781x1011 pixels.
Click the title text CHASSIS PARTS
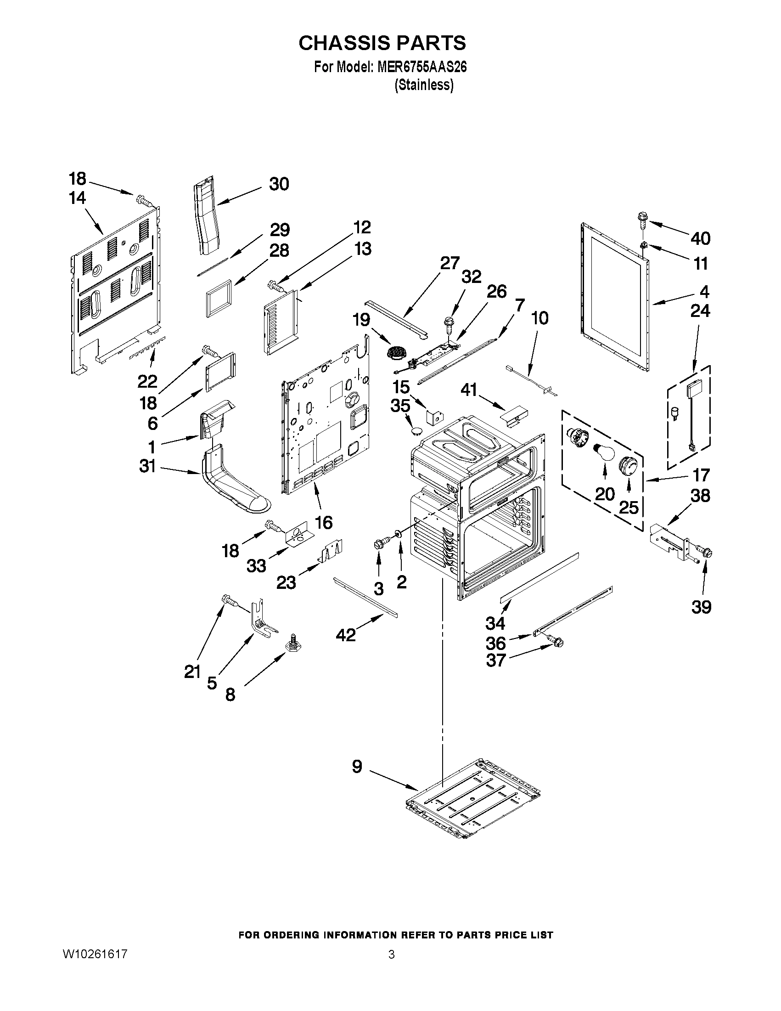(382, 43)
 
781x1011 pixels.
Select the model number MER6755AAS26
(422, 68)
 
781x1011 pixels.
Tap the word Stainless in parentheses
(423, 85)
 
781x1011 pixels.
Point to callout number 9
(357, 767)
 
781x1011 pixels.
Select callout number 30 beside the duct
(279, 184)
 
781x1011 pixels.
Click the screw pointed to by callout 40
(643, 219)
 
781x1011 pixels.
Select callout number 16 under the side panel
(324, 523)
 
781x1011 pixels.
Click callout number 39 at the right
(701, 607)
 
